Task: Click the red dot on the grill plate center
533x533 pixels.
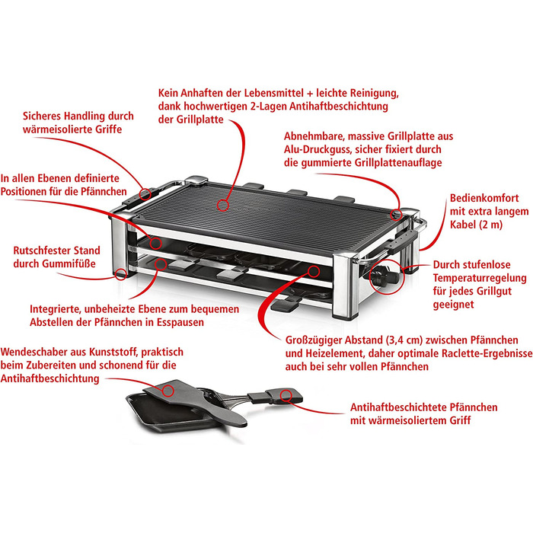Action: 224,204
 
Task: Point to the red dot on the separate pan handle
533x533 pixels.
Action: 286,394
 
